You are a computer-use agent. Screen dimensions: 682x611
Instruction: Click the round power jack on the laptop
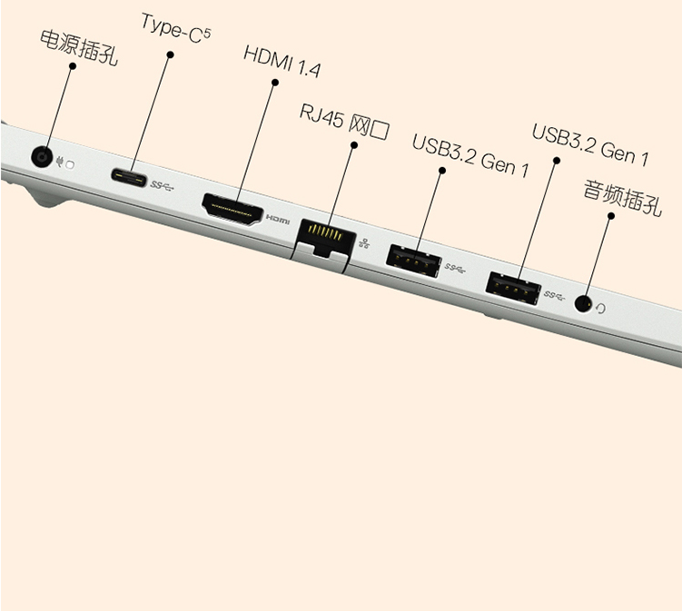(42, 156)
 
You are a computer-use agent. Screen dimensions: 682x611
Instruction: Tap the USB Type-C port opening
(129, 176)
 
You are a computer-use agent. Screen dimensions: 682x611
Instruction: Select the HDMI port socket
(232, 210)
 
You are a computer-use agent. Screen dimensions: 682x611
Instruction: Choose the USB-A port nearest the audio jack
(513, 289)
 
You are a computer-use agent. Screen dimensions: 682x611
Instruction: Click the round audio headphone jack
(584, 303)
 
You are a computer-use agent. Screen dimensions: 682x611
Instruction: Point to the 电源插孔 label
(79, 49)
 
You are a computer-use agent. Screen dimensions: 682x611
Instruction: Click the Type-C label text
(175, 29)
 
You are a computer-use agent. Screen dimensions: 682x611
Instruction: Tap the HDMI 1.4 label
(282, 62)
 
